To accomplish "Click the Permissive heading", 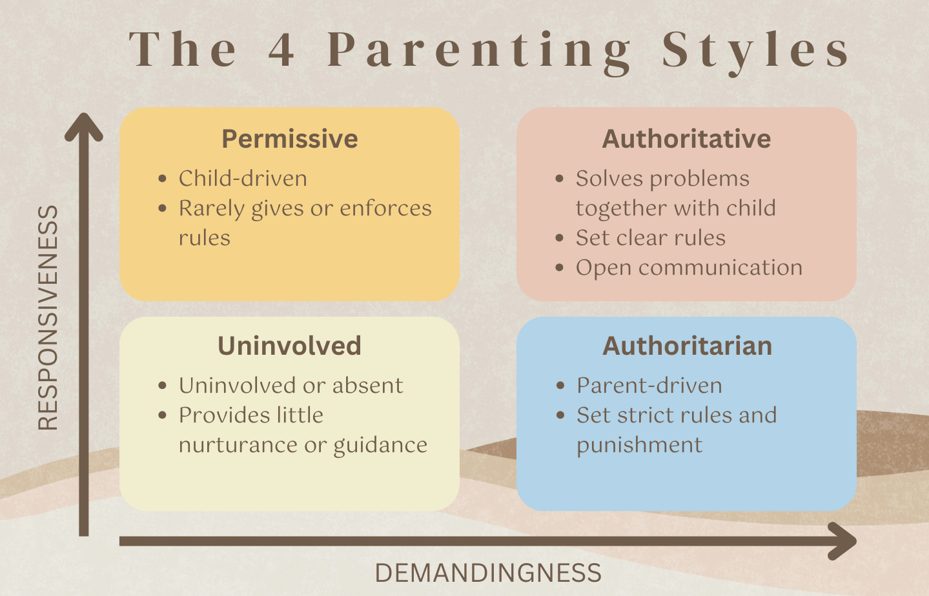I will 290,139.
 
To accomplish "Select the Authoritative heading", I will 686,139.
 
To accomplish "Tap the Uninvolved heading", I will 289,346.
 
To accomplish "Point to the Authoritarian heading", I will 687,346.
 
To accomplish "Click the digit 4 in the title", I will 281,50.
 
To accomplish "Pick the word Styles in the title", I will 755,50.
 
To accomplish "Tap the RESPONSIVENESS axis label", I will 48,317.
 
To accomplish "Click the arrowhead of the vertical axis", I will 84,126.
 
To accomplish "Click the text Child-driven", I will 243,179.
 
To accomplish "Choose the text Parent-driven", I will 649,386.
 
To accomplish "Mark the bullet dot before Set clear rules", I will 560,238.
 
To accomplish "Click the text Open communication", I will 689,268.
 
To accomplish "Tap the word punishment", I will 639,446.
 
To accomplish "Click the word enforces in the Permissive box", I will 385,208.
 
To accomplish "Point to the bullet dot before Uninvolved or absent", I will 163,386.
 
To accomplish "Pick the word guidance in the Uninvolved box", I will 380,446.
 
